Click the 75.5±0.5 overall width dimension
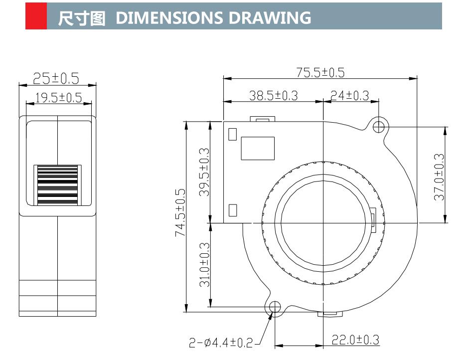tap(320, 72)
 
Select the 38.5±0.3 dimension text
tap(273, 95)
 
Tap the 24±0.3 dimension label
tap(350, 95)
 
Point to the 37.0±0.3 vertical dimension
tap(439, 177)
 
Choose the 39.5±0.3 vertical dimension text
tap(204, 172)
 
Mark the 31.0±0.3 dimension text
tap(204, 265)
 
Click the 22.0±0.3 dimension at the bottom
tap(355, 340)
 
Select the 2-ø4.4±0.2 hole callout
tap(221, 343)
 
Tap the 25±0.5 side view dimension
tap(56, 78)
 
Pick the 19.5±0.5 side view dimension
tap(59, 97)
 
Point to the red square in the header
tap(36, 16)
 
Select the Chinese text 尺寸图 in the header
tap(82, 18)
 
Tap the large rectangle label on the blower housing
tap(257, 149)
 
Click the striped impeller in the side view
tap(57, 185)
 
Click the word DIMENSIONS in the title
tap(168, 17)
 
